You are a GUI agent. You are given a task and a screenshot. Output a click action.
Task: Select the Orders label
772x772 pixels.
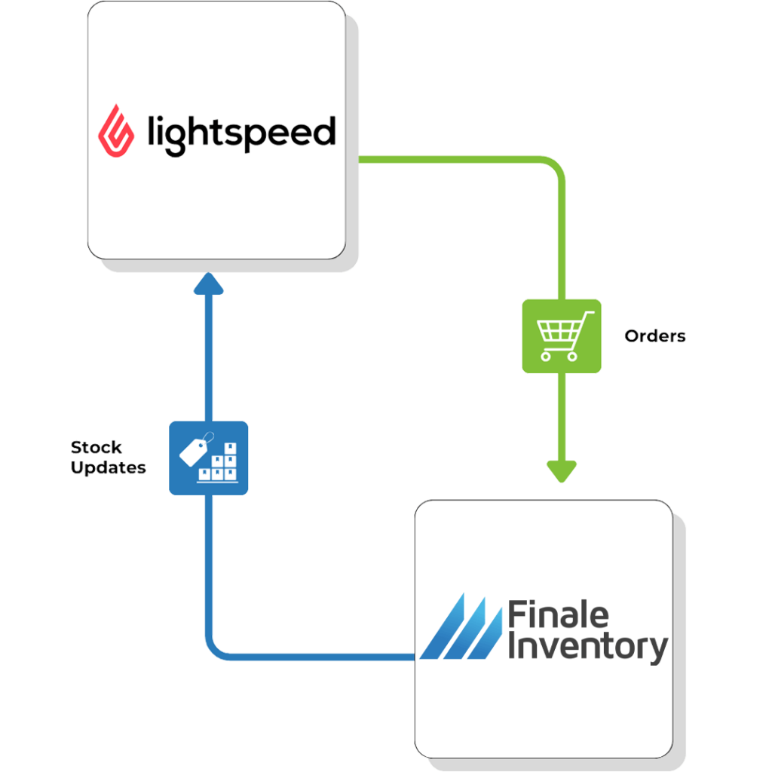654,336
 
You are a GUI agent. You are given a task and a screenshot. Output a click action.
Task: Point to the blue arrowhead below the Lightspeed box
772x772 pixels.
209,284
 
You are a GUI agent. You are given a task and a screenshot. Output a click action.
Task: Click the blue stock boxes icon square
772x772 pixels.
208,458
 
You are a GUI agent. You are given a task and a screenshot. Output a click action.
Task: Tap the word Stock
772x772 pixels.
96,448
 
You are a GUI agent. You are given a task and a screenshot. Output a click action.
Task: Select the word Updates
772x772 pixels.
108,468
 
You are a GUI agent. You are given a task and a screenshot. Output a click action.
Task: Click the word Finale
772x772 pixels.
559,615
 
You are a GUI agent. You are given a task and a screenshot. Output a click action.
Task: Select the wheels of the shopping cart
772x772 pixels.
562,357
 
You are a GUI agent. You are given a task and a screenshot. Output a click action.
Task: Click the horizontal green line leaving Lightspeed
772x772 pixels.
452,159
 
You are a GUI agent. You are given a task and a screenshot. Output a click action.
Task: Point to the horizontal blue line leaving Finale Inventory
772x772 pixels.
317,656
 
